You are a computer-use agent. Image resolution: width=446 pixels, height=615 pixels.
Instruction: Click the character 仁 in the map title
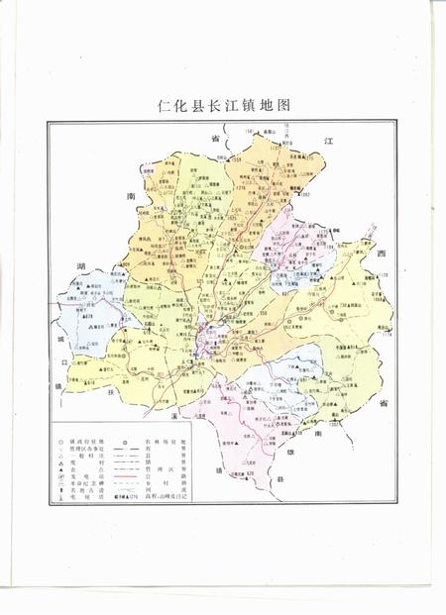tap(164, 105)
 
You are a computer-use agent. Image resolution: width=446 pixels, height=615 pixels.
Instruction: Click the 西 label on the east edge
tap(379, 256)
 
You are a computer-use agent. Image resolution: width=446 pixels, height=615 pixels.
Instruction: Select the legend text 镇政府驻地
tap(86, 440)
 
